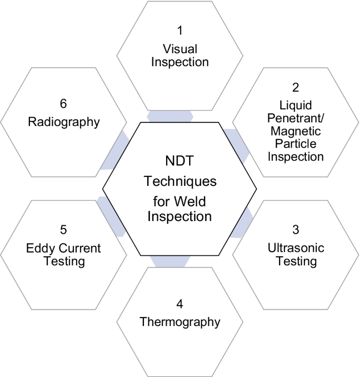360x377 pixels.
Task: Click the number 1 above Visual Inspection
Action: (x=180, y=31)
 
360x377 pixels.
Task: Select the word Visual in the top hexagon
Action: (x=180, y=49)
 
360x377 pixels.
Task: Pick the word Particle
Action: (x=295, y=143)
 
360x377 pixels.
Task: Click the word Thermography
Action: (x=180, y=321)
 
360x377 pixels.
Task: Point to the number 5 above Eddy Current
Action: (x=64, y=230)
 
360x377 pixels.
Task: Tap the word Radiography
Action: (x=64, y=123)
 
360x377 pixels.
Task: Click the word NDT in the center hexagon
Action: (x=180, y=163)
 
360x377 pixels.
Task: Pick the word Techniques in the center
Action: (x=180, y=182)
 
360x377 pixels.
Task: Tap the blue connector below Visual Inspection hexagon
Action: (x=169, y=116)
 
